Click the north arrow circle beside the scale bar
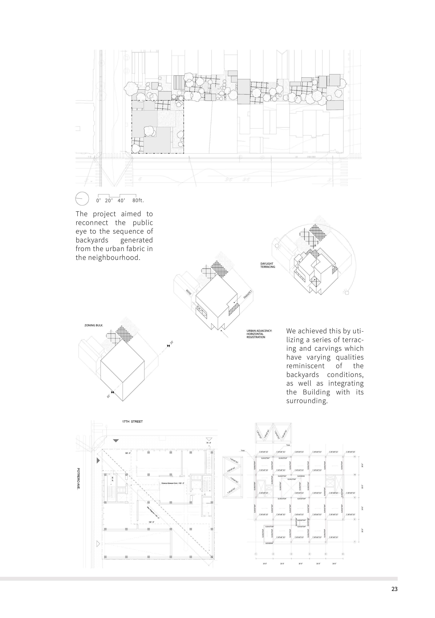[82, 199]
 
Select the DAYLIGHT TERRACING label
[267, 265]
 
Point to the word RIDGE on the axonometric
[189, 292]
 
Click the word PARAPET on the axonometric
[248, 295]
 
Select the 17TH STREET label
[132, 421]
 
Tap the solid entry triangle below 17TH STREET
[116, 441]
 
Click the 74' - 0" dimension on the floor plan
[209, 443]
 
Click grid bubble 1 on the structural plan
[256, 554]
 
